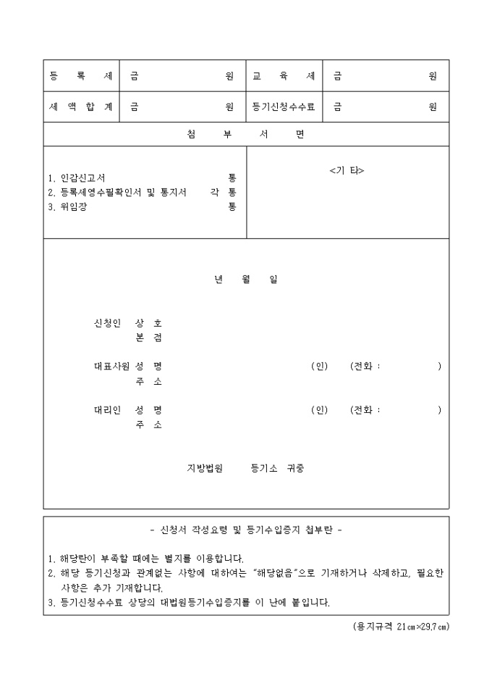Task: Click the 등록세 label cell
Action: (x=80, y=76)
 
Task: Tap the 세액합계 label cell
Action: (x=80, y=107)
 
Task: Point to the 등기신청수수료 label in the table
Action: (x=284, y=107)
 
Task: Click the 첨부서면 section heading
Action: (x=245, y=135)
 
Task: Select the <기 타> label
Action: (x=347, y=171)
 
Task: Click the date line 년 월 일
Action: (x=245, y=280)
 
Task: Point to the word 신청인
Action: (x=108, y=323)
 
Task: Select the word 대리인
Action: (x=108, y=410)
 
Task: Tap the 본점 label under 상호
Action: (x=148, y=338)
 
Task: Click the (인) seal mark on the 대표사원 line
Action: (x=319, y=367)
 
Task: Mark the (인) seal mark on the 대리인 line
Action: (x=319, y=410)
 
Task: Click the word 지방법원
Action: (x=205, y=468)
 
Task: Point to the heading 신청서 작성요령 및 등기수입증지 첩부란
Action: (x=245, y=530)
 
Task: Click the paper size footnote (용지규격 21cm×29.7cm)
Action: (x=396, y=626)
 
